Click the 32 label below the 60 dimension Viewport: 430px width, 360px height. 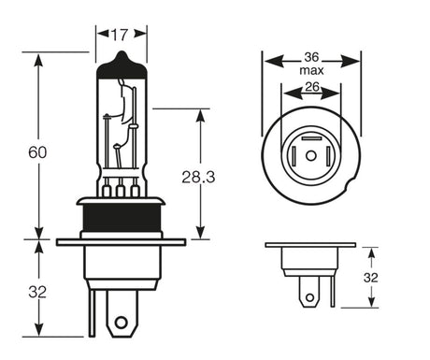pyautogui.click(x=36, y=292)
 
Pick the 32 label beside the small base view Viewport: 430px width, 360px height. pyautogui.click(x=370, y=277)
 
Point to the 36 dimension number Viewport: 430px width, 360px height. pyautogui.click(x=312, y=55)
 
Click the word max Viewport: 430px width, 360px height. pyautogui.click(x=312, y=71)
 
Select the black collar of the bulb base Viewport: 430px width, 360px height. pyautogui.click(x=121, y=220)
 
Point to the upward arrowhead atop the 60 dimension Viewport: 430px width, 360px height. pyautogui.click(x=37, y=59)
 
